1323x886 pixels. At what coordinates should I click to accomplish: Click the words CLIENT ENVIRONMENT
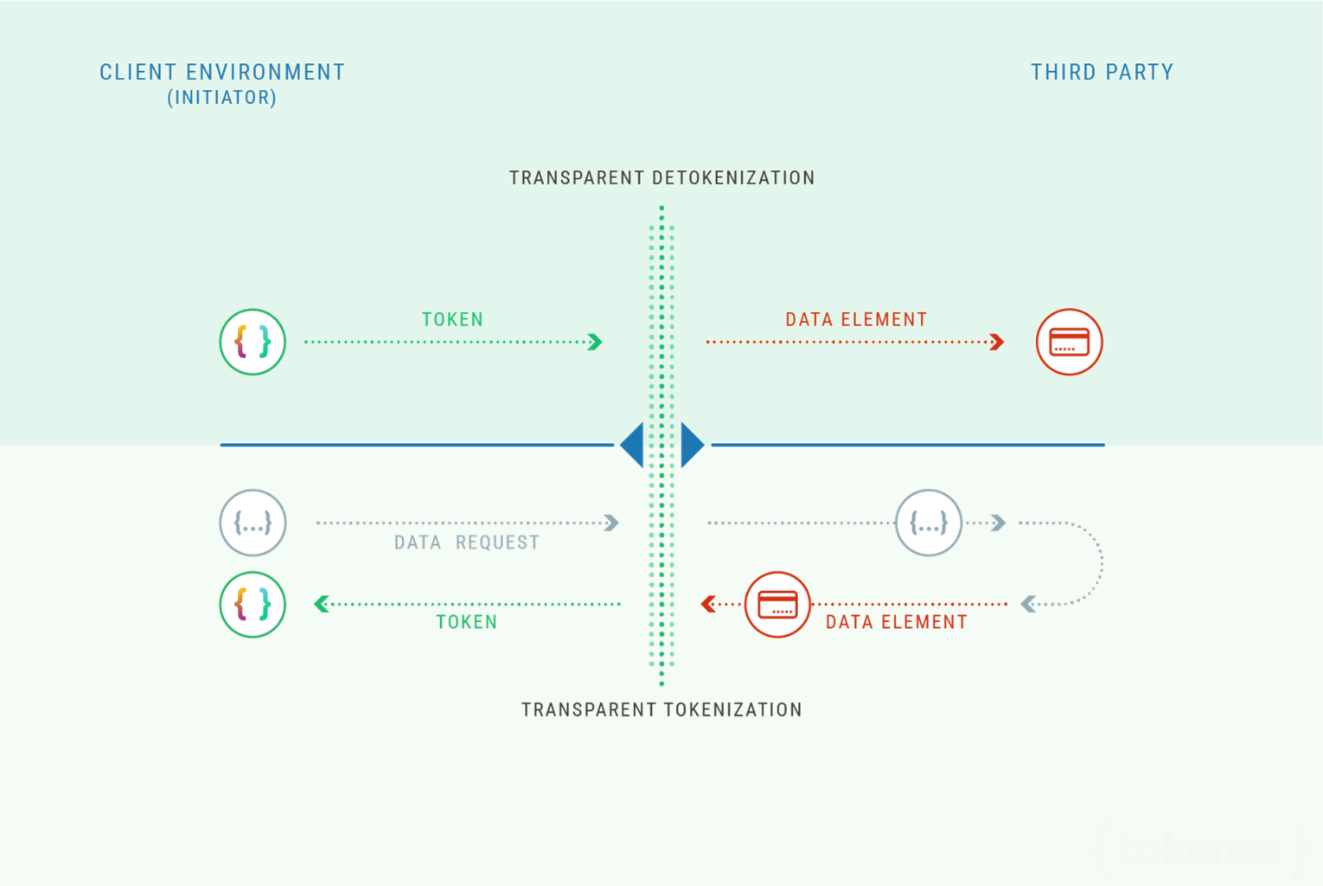pyautogui.click(x=222, y=72)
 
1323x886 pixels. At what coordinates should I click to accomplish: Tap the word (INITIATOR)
pyautogui.click(x=222, y=98)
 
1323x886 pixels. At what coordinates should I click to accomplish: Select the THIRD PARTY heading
pyautogui.click(x=1102, y=72)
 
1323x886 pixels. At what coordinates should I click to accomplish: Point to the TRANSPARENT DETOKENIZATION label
pyautogui.click(x=661, y=177)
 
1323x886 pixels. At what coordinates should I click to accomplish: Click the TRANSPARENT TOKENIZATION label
pyautogui.click(x=661, y=709)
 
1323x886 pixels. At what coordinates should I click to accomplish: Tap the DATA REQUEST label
pyautogui.click(x=466, y=543)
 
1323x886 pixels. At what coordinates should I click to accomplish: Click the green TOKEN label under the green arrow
pyautogui.click(x=467, y=622)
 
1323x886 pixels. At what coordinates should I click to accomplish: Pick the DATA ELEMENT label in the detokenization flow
pyautogui.click(x=856, y=319)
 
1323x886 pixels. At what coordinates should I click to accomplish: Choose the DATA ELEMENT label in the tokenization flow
pyautogui.click(x=896, y=622)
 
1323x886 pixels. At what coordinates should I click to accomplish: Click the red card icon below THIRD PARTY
pyautogui.click(x=1069, y=342)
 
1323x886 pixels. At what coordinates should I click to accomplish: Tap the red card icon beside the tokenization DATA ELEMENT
pyautogui.click(x=777, y=604)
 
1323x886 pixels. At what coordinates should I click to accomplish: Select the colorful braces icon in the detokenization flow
pyautogui.click(x=252, y=342)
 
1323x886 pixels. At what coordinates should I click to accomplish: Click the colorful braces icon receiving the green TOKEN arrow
pyautogui.click(x=252, y=604)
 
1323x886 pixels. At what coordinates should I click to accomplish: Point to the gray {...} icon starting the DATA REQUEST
pyautogui.click(x=252, y=523)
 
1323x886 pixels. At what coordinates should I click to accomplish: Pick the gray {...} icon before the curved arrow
pyautogui.click(x=928, y=523)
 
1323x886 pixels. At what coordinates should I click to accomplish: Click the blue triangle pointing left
pyautogui.click(x=633, y=445)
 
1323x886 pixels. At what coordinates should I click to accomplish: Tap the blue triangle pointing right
pyautogui.click(x=692, y=445)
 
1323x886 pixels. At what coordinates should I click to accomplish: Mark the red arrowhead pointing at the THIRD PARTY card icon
pyautogui.click(x=997, y=342)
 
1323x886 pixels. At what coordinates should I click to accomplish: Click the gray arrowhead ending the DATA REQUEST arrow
pyautogui.click(x=612, y=523)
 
